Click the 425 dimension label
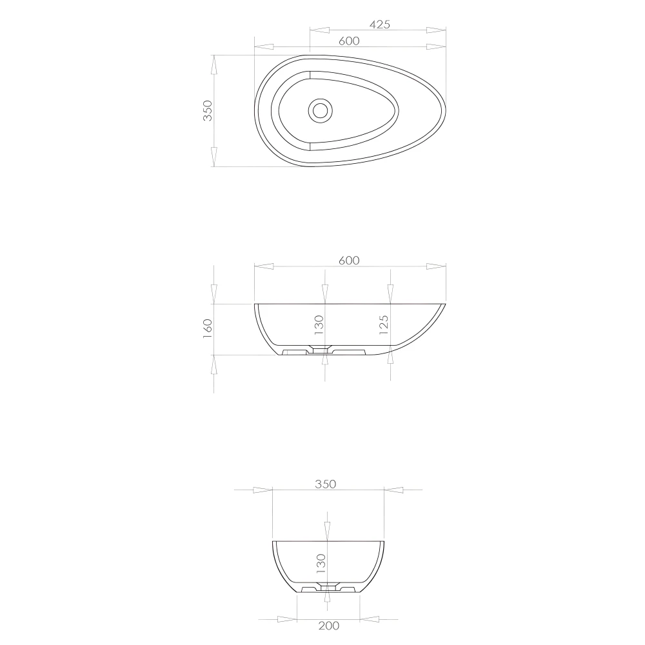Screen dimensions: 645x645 (381, 25)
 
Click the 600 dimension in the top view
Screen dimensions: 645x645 (348, 41)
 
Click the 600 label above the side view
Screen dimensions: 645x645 (348, 260)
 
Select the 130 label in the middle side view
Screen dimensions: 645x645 (319, 326)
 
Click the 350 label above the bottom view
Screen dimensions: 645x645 (326, 484)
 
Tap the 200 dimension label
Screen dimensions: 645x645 (328, 625)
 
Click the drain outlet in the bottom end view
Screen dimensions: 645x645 (328, 588)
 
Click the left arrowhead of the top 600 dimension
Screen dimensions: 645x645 (264, 46)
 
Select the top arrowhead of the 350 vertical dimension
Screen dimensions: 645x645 (213, 65)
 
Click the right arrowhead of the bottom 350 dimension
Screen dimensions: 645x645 (394, 490)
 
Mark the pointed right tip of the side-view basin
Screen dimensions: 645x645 (445, 304)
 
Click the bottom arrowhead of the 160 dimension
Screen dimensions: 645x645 (213, 364)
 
